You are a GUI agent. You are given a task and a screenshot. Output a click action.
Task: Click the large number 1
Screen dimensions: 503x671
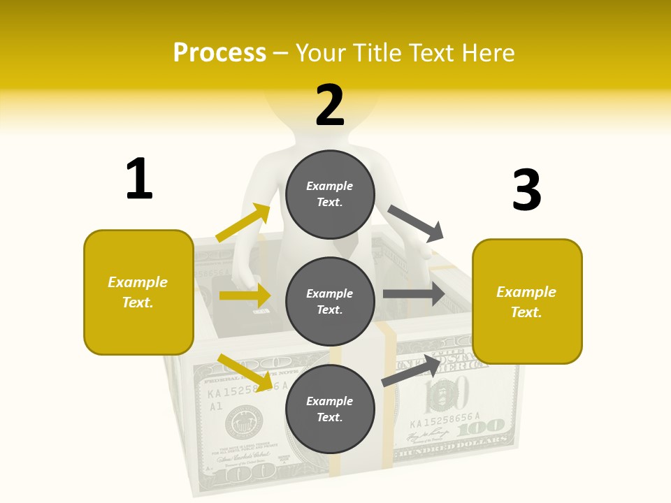pos(139,179)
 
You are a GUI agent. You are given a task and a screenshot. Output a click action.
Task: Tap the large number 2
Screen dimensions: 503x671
pos(330,105)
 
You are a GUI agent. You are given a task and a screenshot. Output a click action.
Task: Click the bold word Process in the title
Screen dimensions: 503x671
pos(219,52)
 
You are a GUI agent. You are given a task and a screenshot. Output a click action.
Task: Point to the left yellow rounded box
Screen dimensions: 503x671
pos(138,292)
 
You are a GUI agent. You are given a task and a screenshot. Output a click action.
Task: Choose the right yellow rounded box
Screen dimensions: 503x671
pos(527,302)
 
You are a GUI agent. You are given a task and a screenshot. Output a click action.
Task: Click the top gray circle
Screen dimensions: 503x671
pos(330,194)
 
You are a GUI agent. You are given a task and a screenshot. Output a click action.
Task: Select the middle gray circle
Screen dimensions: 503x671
pos(330,302)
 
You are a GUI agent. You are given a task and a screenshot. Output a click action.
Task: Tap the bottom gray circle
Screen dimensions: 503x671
pos(330,409)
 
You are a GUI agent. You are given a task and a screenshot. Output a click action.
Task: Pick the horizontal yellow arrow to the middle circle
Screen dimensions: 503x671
pos(245,296)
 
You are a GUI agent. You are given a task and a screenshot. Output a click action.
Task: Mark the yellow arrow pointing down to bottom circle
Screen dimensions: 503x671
pos(245,372)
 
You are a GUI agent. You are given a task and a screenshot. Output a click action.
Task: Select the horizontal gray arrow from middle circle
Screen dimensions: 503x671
pos(414,294)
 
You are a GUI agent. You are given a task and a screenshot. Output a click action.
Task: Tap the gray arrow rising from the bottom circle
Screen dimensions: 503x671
pos(412,370)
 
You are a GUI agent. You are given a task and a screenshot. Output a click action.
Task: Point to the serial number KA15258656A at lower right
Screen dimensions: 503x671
pos(445,423)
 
